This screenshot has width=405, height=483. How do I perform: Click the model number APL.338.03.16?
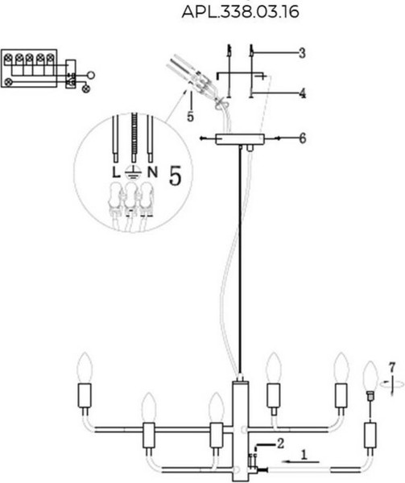coord(240,12)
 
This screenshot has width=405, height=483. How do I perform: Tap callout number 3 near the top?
coord(302,53)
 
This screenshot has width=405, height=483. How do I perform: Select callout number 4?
coord(303,93)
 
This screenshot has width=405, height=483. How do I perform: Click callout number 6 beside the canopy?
coord(303,138)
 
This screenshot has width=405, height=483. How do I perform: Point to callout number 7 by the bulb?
coord(392,367)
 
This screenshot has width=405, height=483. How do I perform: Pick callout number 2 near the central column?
coord(280,444)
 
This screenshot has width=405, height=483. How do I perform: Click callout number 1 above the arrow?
coord(304,455)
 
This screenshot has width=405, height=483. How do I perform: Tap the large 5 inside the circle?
coord(176,175)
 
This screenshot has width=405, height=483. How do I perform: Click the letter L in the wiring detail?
coord(116,172)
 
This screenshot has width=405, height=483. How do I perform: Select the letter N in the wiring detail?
coord(152,172)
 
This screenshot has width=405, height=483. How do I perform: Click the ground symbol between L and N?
coord(133,173)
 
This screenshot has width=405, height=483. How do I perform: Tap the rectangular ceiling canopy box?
coord(240,139)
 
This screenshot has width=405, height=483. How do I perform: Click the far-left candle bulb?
coord(85,368)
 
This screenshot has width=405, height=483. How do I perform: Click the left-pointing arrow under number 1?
coord(301,462)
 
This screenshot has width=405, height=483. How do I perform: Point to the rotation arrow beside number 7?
coord(392,385)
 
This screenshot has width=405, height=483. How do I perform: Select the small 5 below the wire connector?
coord(190,117)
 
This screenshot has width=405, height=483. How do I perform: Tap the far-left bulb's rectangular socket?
coord(84,395)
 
